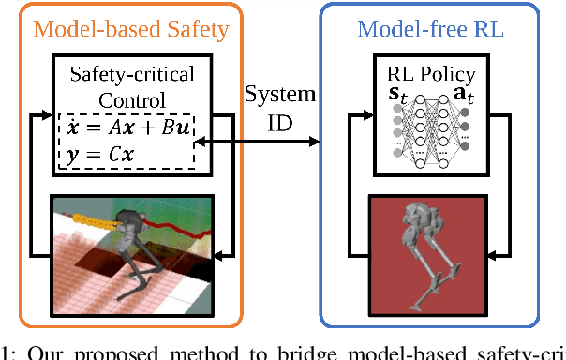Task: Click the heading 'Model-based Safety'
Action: tap(130, 28)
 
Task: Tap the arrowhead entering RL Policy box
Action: tap(368, 118)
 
